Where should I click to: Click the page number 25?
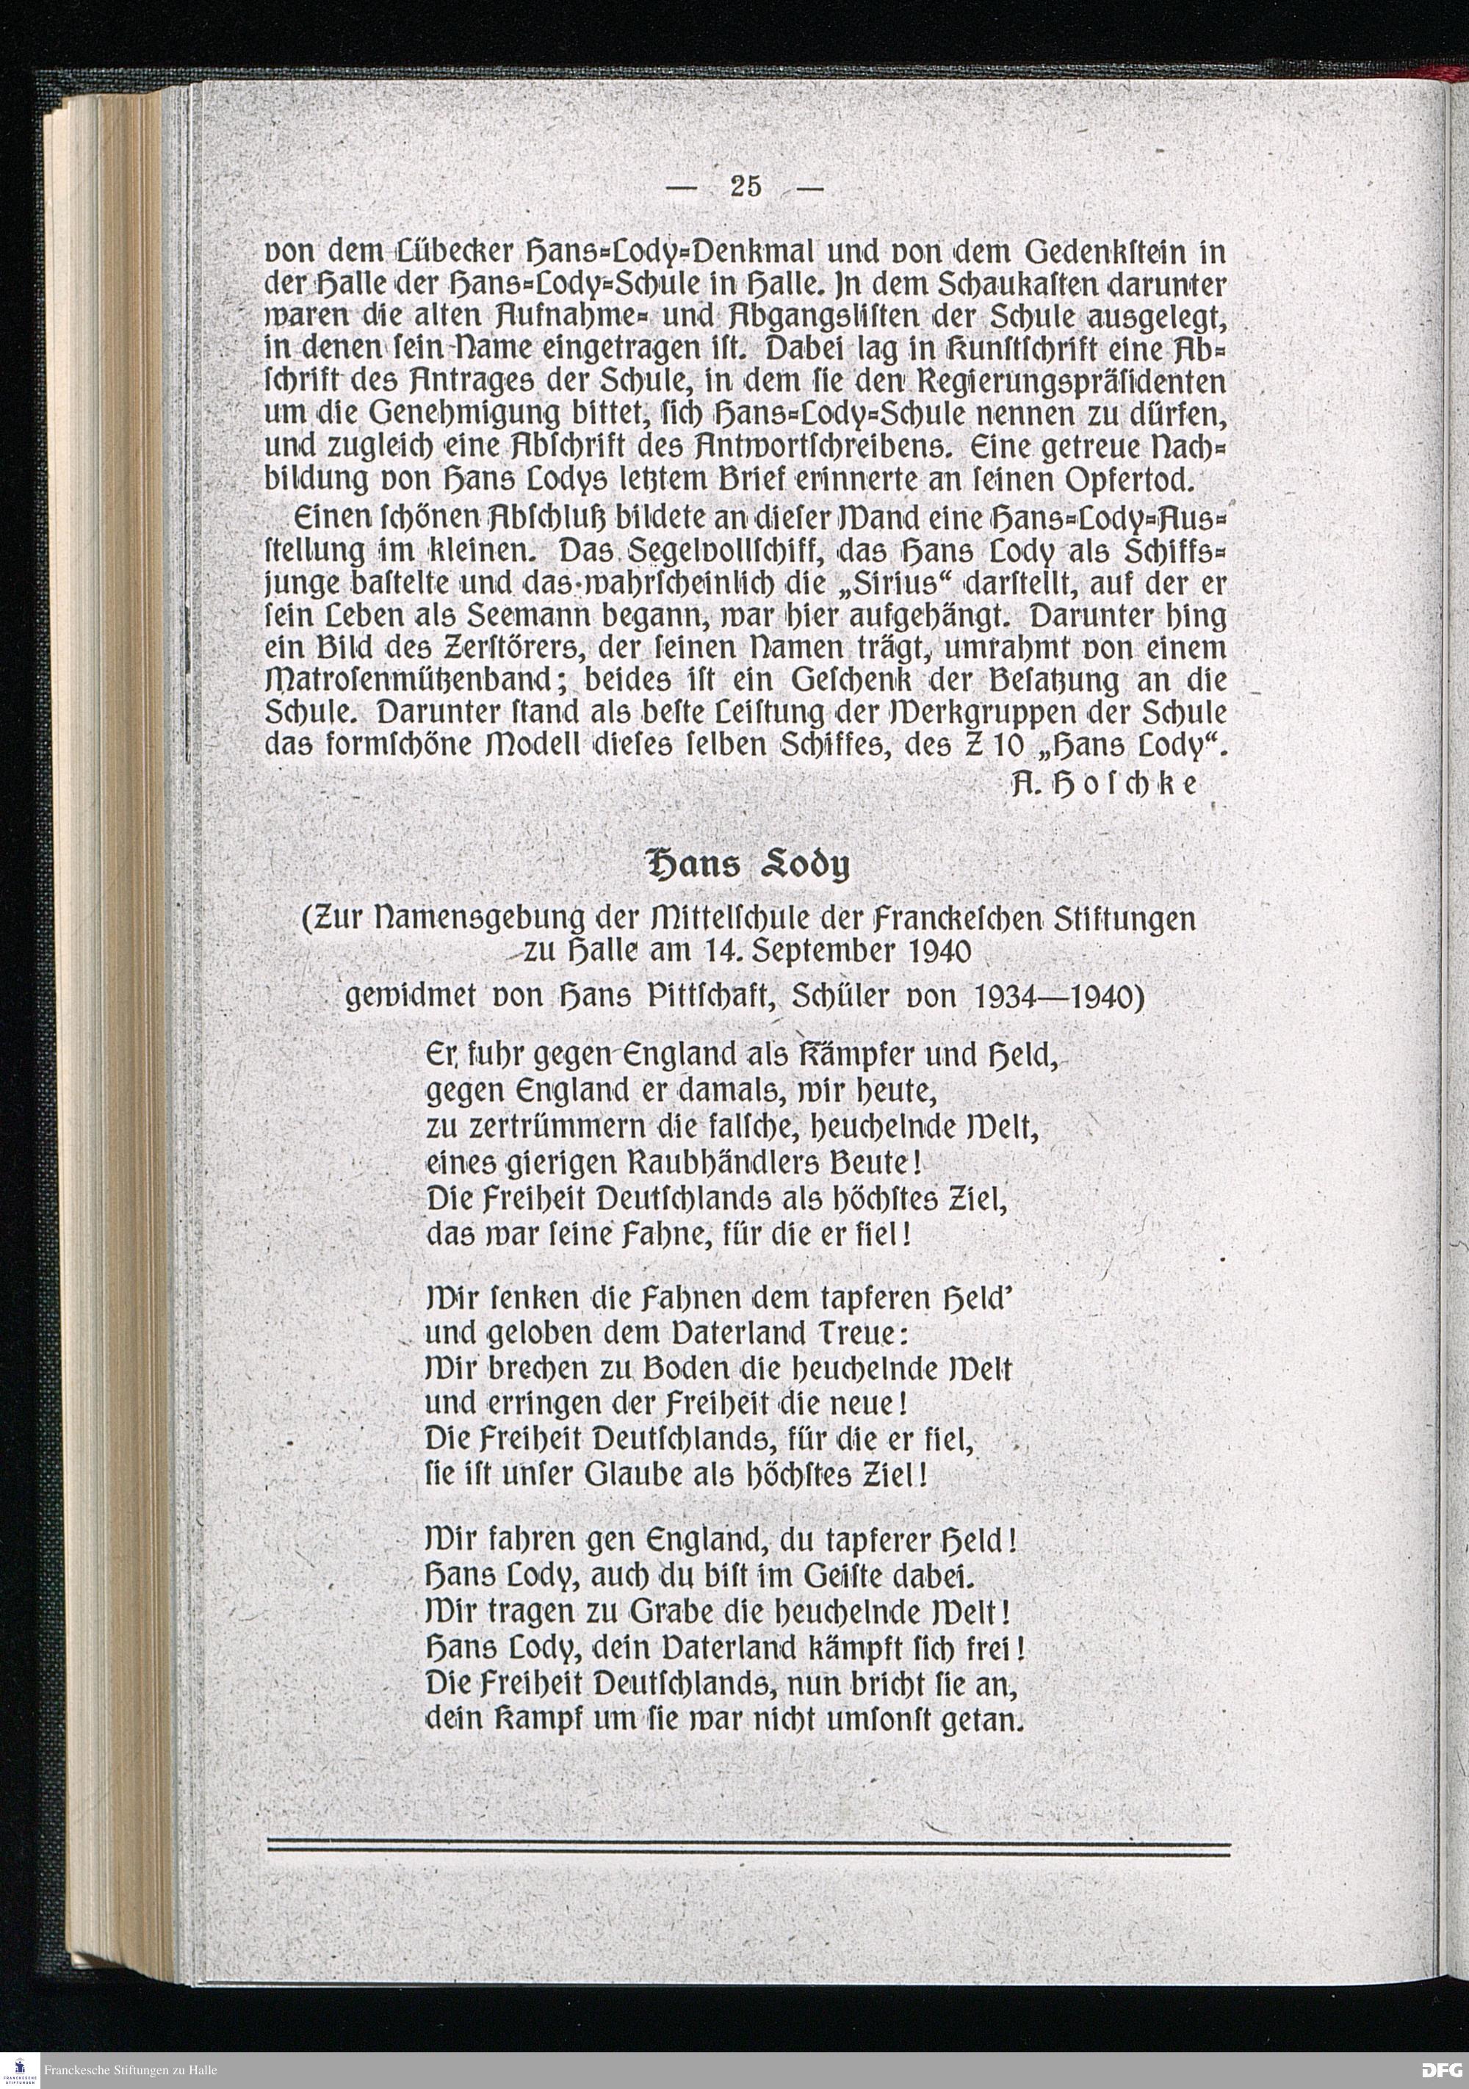[745, 187]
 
